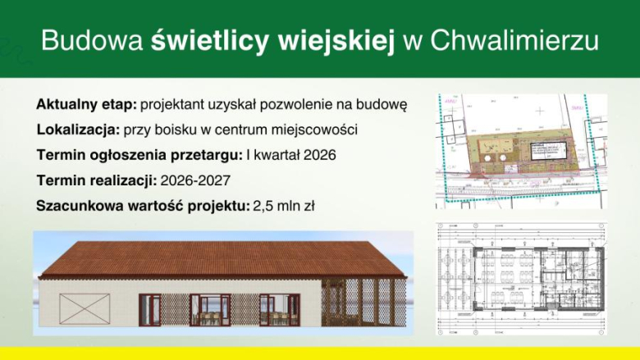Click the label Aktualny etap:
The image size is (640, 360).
tap(86, 105)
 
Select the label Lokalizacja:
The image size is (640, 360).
tap(78, 130)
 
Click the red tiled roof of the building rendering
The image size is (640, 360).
tap(222, 261)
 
